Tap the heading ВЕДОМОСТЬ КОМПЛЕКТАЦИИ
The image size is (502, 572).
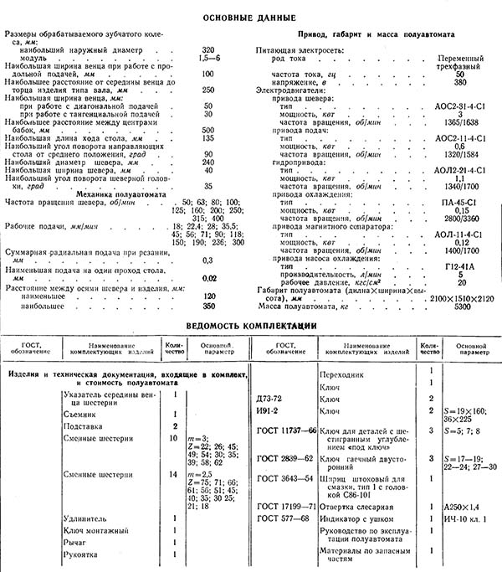(250, 324)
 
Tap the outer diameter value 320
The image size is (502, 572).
(209, 50)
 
